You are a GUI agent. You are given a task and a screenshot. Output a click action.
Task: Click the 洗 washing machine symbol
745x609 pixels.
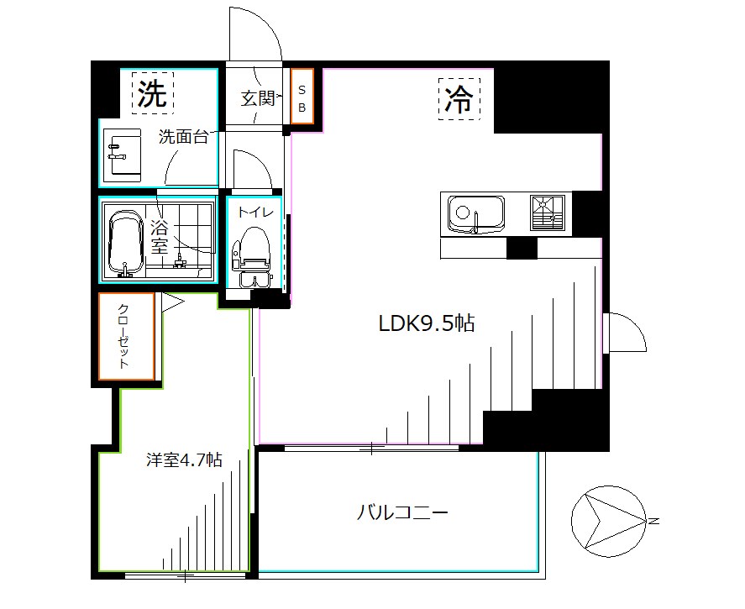tap(152, 92)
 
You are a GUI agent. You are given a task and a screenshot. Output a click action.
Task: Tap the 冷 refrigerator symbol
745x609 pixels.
tap(459, 99)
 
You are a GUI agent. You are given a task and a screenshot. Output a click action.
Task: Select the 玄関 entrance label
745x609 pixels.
tap(258, 98)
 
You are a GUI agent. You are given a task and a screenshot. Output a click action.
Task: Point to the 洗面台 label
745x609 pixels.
tap(183, 138)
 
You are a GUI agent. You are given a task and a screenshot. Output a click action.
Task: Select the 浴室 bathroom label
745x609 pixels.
tap(160, 238)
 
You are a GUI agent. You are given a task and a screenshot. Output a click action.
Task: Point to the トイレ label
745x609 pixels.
tap(255, 213)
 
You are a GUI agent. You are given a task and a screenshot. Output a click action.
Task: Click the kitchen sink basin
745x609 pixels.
tap(475, 213)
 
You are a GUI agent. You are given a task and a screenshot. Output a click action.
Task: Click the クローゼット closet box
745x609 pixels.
tap(126, 336)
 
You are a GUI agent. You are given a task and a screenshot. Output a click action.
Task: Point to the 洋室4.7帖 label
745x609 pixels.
tap(185, 460)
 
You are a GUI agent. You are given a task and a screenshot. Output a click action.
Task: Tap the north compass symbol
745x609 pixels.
tap(608, 521)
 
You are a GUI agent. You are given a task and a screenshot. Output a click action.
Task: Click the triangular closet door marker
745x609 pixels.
tap(171, 302)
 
